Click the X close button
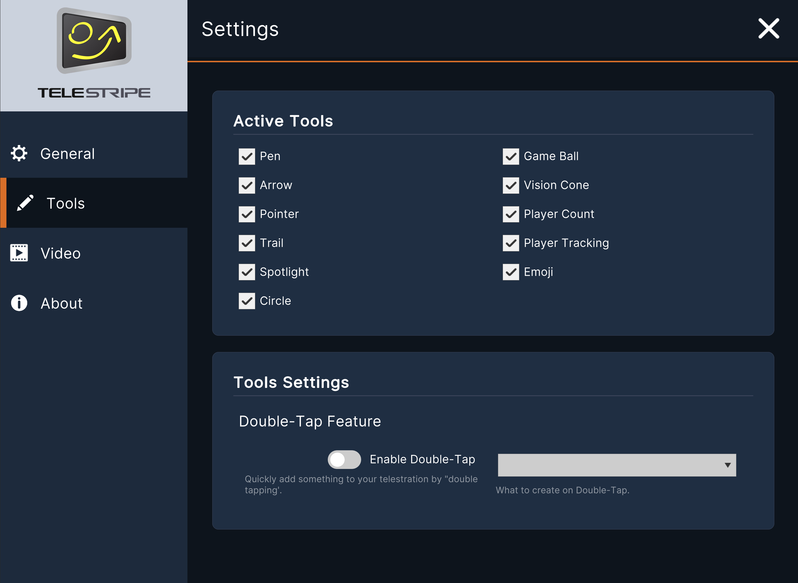point(769,29)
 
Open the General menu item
point(67,153)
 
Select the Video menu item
point(60,253)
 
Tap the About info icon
point(19,303)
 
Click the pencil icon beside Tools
point(25,203)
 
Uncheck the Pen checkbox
point(247,156)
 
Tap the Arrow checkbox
point(247,185)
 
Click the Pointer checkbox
point(247,214)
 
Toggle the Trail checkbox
point(247,243)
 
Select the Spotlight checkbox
point(247,272)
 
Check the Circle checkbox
point(247,301)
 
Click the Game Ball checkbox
point(511,156)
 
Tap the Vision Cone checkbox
point(511,185)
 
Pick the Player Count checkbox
point(511,214)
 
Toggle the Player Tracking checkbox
point(511,243)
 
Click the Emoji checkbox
point(511,272)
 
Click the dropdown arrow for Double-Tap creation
point(728,465)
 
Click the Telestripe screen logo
point(94,41)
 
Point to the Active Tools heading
point(283,121)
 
